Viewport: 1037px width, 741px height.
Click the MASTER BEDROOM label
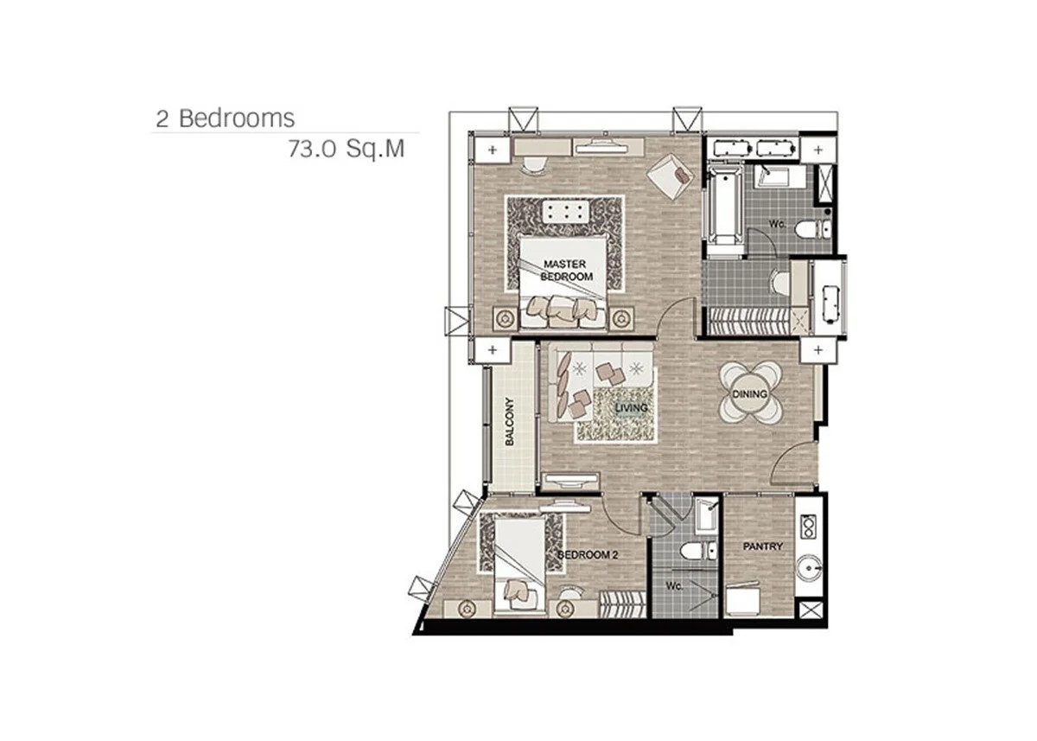point(567,270)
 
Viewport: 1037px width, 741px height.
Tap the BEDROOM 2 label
point(588,555)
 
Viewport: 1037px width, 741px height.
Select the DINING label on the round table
point(750,393)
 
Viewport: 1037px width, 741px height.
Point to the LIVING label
point(631,408)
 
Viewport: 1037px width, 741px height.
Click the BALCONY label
point(510,421)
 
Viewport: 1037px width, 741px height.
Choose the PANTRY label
point(762,546)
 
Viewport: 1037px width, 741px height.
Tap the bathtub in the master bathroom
point(724,206)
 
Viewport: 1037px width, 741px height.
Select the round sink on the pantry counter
point(809,568)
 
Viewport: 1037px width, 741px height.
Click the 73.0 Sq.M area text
point(347,149)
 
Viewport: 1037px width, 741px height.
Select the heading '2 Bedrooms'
point(225,118)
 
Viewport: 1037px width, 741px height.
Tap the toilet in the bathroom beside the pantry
point(698,551)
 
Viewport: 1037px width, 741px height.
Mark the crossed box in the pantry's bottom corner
point(811,610)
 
